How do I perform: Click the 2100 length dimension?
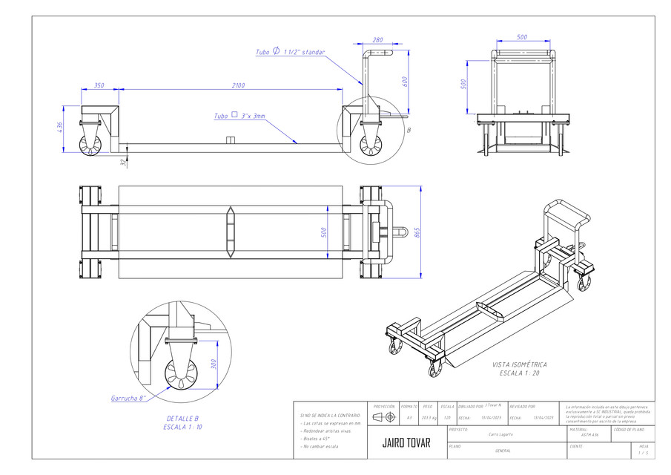click(x=237, y=85)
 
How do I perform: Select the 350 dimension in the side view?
click(x=99, y=85)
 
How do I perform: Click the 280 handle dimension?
click(x=377, y=41)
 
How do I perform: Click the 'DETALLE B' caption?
click(x=182, y=418)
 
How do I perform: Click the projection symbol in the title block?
click(x=383, y=418)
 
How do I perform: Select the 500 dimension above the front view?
click(x=522, y=36)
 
